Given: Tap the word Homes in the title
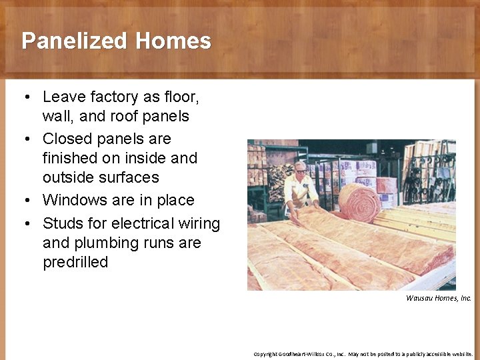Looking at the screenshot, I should coord(173,41).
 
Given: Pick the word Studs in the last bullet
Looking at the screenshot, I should coord(61,223).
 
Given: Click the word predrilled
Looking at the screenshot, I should coord(75,262).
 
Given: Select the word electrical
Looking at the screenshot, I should coord(145,223).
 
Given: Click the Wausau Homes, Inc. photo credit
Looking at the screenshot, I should coord(438,298).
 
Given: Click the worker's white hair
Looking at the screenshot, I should coord(299,164).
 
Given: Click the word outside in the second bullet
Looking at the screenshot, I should coord(67,177).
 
